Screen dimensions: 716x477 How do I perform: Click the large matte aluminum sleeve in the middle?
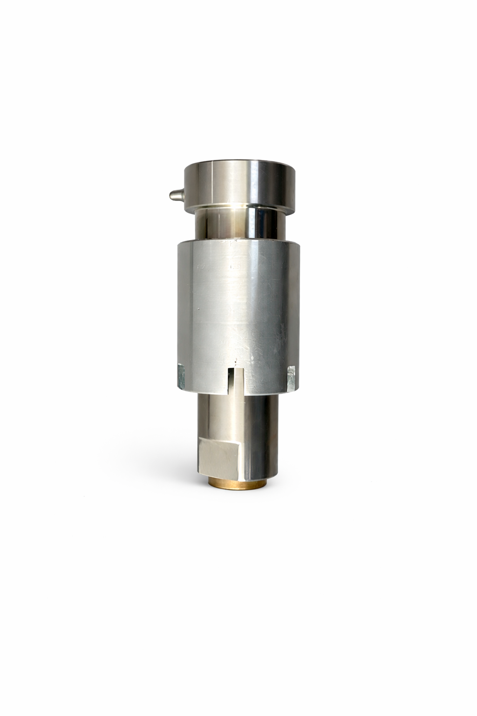tap(238, 308)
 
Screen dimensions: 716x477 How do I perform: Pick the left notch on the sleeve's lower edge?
tap(181, 377)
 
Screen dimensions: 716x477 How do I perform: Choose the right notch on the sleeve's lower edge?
tap(291, 377)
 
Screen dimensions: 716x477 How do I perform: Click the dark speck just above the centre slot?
tap(237, 360)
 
